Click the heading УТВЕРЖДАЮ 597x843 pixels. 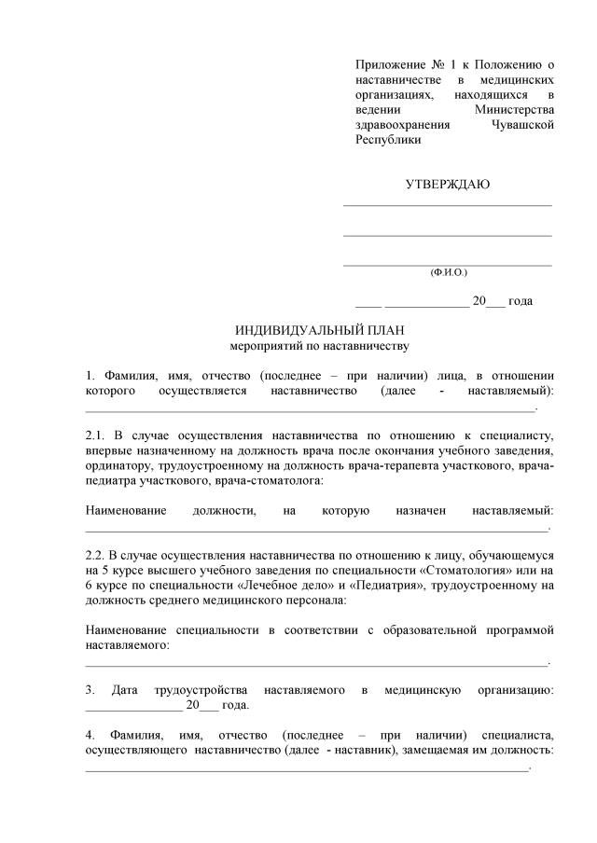coord(448,184)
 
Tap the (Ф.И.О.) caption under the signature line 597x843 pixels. coord(448,272)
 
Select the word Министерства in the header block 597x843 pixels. coord(514,109)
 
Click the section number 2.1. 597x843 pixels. coord(96,435)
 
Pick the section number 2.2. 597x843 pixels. coord(96,555)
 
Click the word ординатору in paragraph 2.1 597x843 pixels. coord(116,465)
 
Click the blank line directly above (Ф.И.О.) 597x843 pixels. coord(448,265)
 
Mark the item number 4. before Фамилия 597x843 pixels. coord(90,736)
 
